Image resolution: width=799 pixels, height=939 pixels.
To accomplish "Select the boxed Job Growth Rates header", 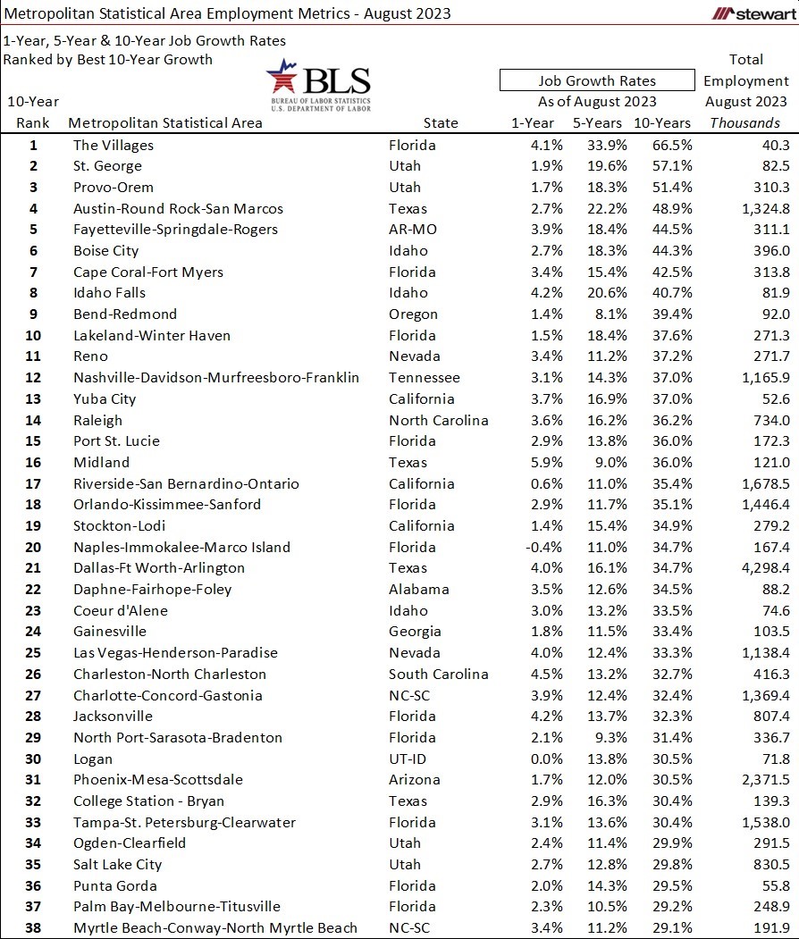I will coord(596,80).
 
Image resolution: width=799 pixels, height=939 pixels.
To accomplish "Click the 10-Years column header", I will coord(661,123).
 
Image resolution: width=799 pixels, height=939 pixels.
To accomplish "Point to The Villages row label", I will coord(114,145).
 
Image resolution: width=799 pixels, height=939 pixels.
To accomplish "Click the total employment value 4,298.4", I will coord(758,567).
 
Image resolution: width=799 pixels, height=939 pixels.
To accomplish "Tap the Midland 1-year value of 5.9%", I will coord(545,462).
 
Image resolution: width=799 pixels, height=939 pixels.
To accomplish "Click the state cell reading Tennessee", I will coord(425,377).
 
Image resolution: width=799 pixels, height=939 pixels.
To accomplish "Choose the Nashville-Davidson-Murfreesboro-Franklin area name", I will coord(216,377).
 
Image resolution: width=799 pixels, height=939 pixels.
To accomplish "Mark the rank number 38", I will coord(34,927).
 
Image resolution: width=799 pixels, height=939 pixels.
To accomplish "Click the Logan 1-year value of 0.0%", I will coord(545,759).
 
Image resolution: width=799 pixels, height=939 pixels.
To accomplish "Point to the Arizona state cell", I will coord(415,779).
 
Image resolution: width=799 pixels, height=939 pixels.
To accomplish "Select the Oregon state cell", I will coord(414,314).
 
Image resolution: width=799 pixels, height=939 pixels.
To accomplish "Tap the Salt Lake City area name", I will coord(118,864).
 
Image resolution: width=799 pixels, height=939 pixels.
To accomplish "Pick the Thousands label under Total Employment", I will coord(744,123).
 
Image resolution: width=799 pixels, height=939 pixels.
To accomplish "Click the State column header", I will coord(441,123).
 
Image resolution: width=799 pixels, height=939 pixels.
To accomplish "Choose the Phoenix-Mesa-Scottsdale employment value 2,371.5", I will coord(758,779).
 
